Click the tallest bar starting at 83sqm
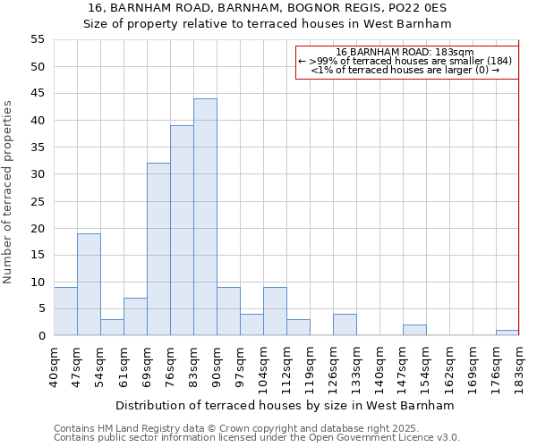205,217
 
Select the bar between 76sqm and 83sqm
182,231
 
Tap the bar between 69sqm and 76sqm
158,249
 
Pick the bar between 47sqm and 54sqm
89,284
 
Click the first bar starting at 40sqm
65,311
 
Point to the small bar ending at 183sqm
507,333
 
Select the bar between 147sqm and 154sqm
414,330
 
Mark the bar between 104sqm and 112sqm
275,311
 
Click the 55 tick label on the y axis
38,39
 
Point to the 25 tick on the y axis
38,201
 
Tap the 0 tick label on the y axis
41,335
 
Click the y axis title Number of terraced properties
8,191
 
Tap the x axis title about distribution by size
285,405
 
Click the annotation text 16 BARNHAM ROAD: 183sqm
405,52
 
